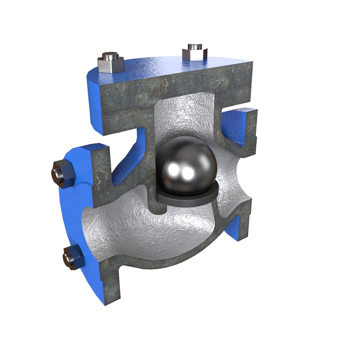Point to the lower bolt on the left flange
tap(72, 258)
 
